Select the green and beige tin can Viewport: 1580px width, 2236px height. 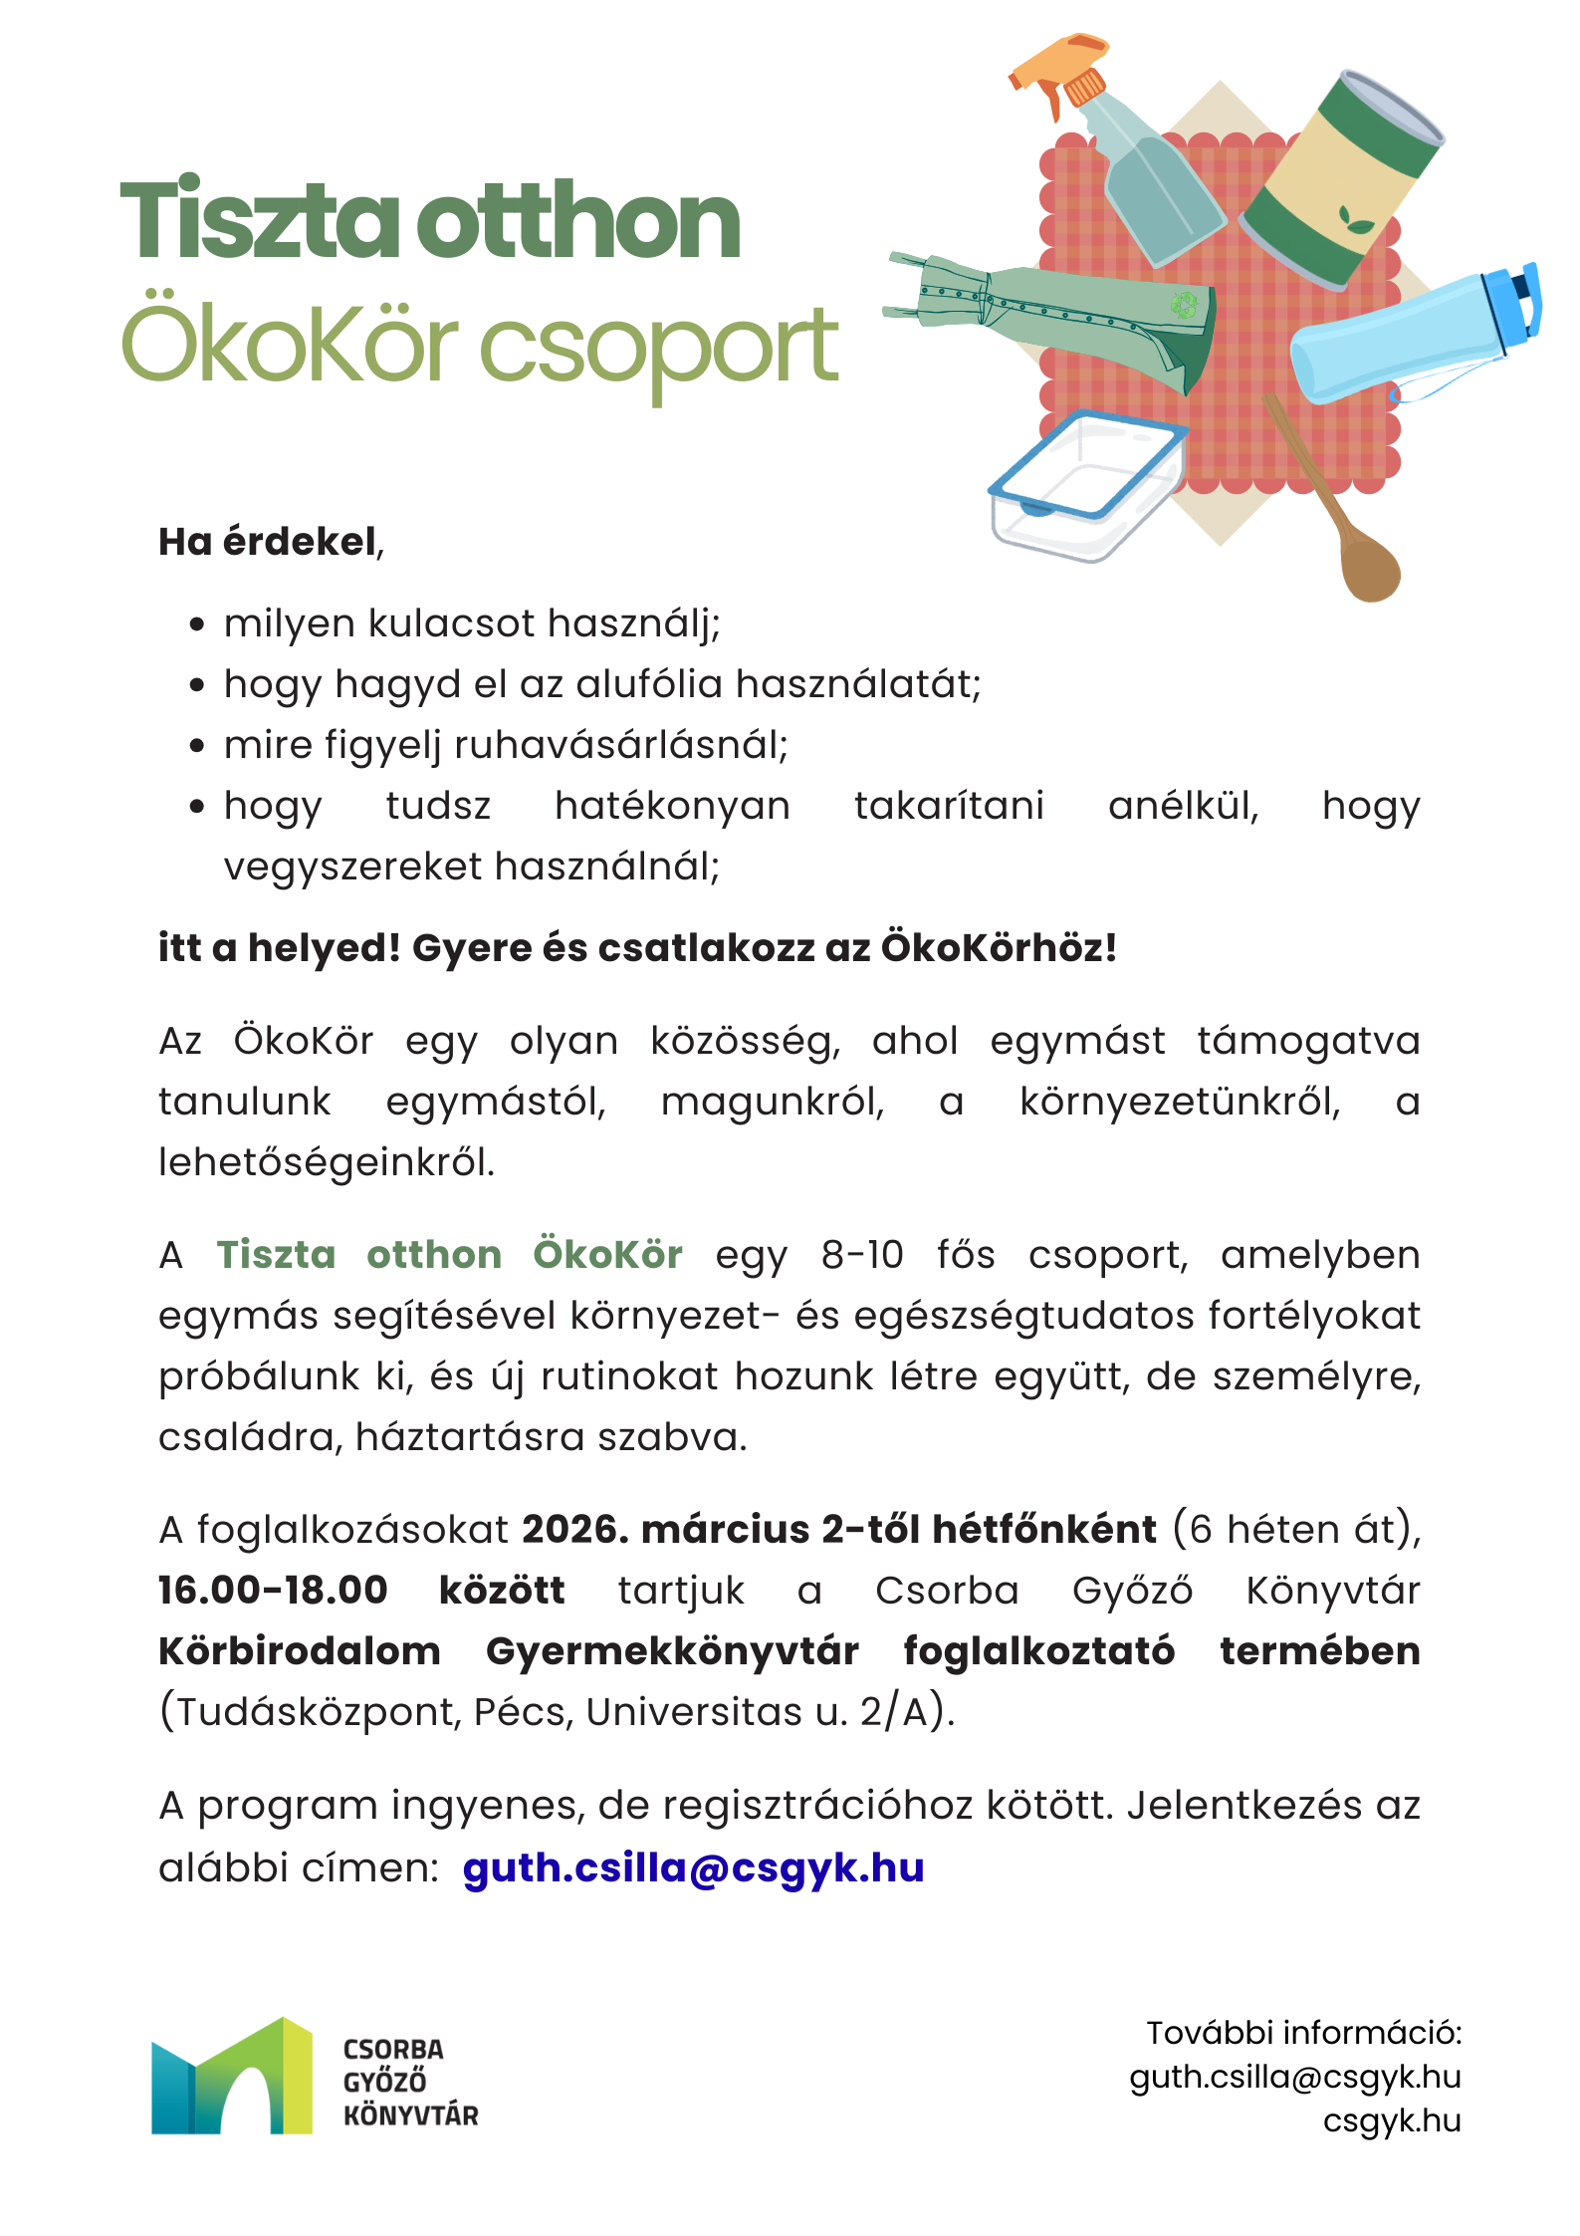(1339, 179)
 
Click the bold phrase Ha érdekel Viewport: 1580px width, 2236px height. (268, 542)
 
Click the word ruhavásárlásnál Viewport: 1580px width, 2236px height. (620, 745)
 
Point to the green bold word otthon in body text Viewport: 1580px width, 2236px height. (434, 1255)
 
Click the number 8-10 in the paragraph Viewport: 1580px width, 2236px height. (862, 1255)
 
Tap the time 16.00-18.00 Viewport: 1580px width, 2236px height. (273, 1590)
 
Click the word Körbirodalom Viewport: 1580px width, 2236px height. (300, 1651)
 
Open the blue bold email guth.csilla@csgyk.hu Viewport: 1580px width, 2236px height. (694, 1867)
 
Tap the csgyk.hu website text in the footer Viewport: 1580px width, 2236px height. (1391, 2121)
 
